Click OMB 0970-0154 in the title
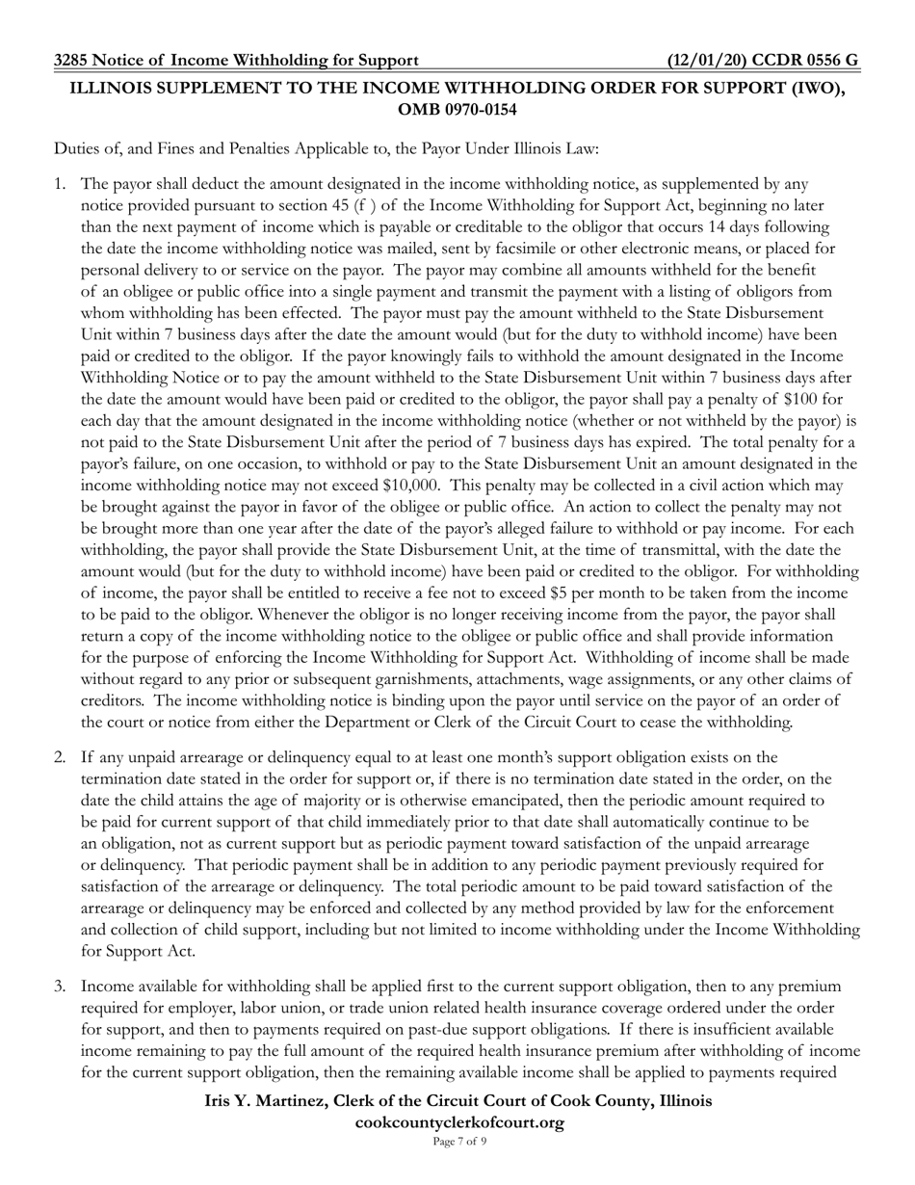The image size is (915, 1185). (x=457, y=110)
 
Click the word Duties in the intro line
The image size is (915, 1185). (x=76, y=148)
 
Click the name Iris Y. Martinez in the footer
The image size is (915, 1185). (x=274, y=1101)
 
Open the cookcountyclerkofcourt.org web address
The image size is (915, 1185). (x=458, y=1122)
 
